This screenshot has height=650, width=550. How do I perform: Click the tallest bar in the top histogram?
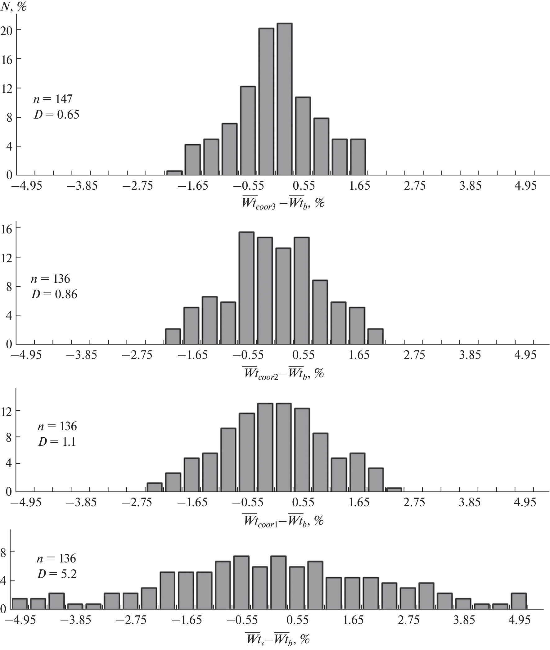(x=284, y=99)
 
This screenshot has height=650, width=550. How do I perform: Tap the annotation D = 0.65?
(x=56, y=115)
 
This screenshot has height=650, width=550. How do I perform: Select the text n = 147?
(x=53, y=99)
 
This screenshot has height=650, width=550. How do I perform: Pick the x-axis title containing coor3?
(x=283, y=204)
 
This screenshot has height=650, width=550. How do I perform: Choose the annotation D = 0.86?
(x=54, y=294)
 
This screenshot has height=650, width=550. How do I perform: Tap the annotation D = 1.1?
(x=57, y=441)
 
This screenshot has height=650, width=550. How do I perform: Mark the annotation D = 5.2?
(x=57, y=574)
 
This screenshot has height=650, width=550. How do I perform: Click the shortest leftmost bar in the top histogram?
(x=175, y=173)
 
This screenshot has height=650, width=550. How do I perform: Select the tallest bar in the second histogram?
(x=246, y=288)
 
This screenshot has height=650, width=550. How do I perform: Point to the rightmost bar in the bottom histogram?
(x=519, y=601)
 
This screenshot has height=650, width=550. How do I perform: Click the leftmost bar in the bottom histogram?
(x=20, y=603)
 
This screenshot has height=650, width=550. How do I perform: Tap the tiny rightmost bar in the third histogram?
(x=394, y=490)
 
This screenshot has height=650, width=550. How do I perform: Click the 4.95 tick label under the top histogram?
(x=526, y=186)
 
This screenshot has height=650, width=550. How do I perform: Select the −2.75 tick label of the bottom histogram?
(x=131, y=620)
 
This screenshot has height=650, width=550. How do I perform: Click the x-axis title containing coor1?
(x=283, y=520)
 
